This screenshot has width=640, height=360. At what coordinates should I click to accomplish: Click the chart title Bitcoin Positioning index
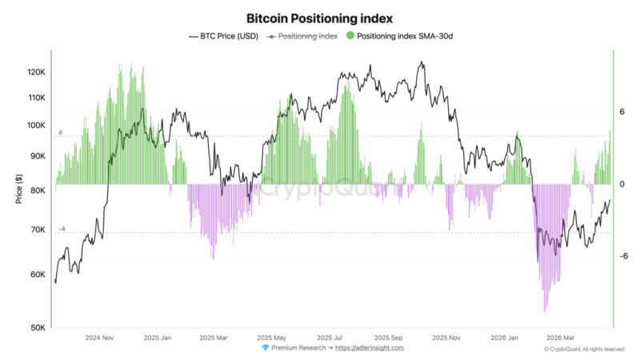(x=320, y=18)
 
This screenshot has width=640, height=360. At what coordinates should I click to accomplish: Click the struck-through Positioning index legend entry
(x=304, y=36)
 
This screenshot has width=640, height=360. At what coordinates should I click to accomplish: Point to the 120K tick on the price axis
(x=37, y=72)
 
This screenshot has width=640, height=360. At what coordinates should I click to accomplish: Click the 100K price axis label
(x=37, y=126)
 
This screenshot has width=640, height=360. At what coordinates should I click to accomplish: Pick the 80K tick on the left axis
(x=38, y=190)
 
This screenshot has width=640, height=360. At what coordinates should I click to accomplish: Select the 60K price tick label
(x=38, y=274)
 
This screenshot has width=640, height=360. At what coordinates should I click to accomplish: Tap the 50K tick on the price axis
(x=38, y=327)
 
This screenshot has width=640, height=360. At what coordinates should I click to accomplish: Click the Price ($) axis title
(x=18, y=189)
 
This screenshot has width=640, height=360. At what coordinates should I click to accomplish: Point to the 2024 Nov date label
(x=101, y=338)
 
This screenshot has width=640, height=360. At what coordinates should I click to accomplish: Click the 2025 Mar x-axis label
(x=214, y=338)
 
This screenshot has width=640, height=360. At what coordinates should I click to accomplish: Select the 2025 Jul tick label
(x=330, y=338)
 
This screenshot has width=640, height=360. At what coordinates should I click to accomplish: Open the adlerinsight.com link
(x=370, y=348)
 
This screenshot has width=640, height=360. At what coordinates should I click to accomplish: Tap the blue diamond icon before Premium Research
(x=266, y=348)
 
